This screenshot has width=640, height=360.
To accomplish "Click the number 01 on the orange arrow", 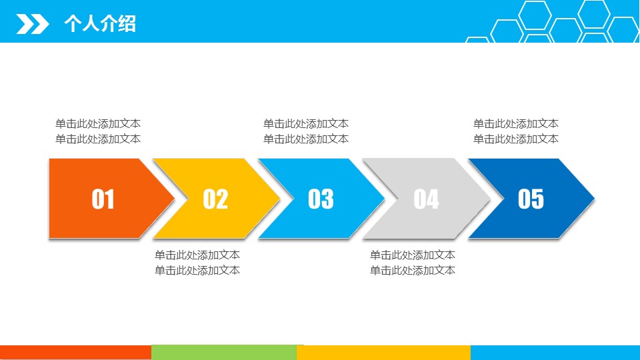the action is tap(103, 199).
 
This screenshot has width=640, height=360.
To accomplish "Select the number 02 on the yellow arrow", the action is tap(215, 199).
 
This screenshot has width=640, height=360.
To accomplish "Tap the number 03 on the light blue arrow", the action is tap(321, 199).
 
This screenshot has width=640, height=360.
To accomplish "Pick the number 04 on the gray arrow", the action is tap(426, 199).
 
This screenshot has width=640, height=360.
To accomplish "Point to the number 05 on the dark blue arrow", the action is tap(531, 199).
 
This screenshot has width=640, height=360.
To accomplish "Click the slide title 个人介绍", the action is tap(100, 23).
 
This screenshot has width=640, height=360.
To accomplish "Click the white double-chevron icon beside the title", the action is tap(33, 24).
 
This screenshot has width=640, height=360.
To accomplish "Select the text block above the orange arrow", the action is tap(98, 131).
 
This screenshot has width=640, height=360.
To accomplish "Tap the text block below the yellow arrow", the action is tap(197, 263).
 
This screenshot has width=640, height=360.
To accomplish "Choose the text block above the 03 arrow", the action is tap(306, 131).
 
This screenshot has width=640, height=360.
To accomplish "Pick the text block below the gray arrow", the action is tap(412, 263).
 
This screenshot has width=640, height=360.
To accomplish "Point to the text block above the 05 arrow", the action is tap(516, 131).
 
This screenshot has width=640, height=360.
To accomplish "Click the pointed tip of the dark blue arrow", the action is tap(594, 199).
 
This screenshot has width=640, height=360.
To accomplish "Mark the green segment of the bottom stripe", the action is tap(224, 352).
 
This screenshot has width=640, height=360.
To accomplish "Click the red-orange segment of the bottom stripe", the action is tap(75, 353).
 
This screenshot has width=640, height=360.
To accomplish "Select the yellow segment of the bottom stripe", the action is tap(384, 353).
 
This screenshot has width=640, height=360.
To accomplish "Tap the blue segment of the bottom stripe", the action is tap(555, 353).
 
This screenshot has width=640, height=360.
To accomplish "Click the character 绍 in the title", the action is tap(127, 23).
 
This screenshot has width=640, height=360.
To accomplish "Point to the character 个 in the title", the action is tap(73, 23).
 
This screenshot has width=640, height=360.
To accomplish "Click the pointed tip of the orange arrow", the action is tap(174, 199).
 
